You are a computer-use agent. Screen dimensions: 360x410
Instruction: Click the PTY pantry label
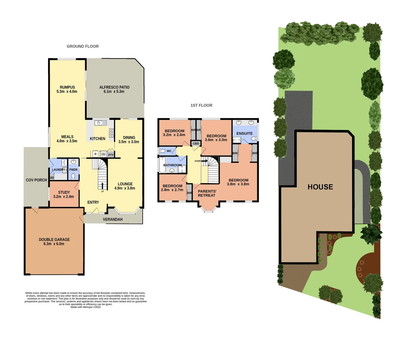pyautogui.click(x=111, y=155)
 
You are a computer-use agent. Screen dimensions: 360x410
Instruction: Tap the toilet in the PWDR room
pyautogui.click(x=73, y=176)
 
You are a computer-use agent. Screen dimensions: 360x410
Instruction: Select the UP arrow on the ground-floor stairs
pyautogui.click(x=102, y=186)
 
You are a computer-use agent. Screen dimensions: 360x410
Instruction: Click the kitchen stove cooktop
pyautogui.click(x=112, y=133)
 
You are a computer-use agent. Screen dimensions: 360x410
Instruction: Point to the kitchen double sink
pyautogui.click(x=100, y=123)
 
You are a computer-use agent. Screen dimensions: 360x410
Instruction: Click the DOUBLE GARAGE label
pyautogui.click(x=54, y=240)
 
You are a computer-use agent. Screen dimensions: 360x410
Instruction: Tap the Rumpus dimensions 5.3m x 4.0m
pyautogui.click(x=67, y=92)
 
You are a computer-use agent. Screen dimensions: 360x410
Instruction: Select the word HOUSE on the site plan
pyautogui.click(x=320, y=187)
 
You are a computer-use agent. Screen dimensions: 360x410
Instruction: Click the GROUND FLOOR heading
pyautogui.click(x=83, y=46)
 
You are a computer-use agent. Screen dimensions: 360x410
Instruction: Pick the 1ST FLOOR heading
pyautogui.click(x=201, y=105)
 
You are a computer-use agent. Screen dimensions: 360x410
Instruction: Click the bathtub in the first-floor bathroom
pyautogui.click(x=162, y=166)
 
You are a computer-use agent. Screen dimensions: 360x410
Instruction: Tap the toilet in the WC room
pyautogui.click(x=163, y=151)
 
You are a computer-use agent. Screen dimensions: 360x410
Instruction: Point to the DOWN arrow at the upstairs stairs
pyautogui.click(x=203, y=161)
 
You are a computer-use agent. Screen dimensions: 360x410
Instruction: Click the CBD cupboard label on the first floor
pyautogui.click(x=196, y=144)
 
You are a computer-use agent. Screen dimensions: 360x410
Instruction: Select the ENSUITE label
pyautogui.click(x=244, y=133)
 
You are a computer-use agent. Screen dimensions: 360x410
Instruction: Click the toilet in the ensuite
pyautogui.click(x=254, y=138)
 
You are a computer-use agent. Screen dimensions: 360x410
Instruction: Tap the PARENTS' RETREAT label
pyautogui.click(x=207, y=193)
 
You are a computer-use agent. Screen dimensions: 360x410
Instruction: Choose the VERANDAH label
pyautogui.click(x=113, y=219)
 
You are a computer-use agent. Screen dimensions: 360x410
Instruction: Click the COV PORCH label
pyautogui.click(x=36, y=180)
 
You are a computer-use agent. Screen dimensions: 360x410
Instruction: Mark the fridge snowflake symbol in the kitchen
pyautogui.click(x=95, y=154)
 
